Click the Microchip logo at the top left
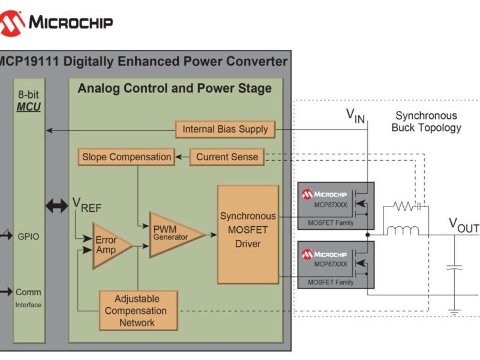point(56,23)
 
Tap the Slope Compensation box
point(127,157)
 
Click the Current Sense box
point(227,157)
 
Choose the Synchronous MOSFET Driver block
point(248,235)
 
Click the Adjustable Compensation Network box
point(138,311)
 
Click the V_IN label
point(355,115)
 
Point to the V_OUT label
point(464,225)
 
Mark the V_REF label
point(87,205)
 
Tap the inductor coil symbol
point(403,229)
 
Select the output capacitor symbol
point(455,267)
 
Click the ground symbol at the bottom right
point(455,311)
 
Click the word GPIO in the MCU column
point(28,236)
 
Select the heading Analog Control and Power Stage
point(175,89)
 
